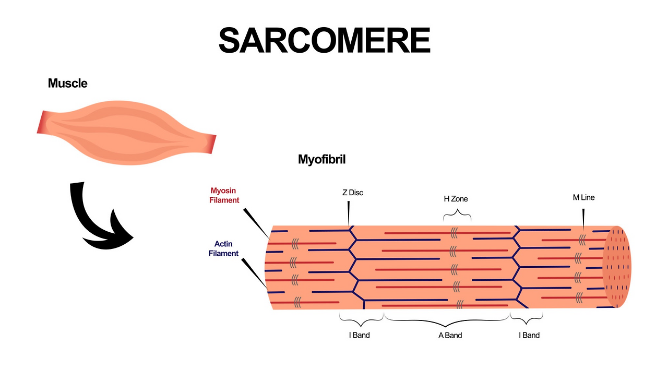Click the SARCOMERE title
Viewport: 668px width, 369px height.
click(x=325, y=40)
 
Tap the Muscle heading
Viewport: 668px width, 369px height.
click(x=68, y=83)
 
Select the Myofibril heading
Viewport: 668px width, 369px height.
click(x=322, y=160)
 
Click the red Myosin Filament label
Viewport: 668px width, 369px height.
click(x=224, y=195)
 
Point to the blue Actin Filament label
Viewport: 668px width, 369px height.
click(x=223, y=248)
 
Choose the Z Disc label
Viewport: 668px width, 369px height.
click(x=353, y=193)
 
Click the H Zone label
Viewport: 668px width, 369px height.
click(x=456, y=199)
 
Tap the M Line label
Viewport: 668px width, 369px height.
click(x=583, y=197)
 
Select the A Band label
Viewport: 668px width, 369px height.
click(x=450, y=335)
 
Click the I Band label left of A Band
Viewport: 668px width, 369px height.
click(x=360, y=335)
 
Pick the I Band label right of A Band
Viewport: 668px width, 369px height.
click(x=529, y=335)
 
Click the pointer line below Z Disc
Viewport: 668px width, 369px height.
click(x=348, y=213)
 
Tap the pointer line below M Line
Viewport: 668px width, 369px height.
click(x=583, y=219)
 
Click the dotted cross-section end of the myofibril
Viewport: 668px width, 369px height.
click(x=617, y=267)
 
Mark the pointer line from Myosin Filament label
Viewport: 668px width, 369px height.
click(x=256, y=223)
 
